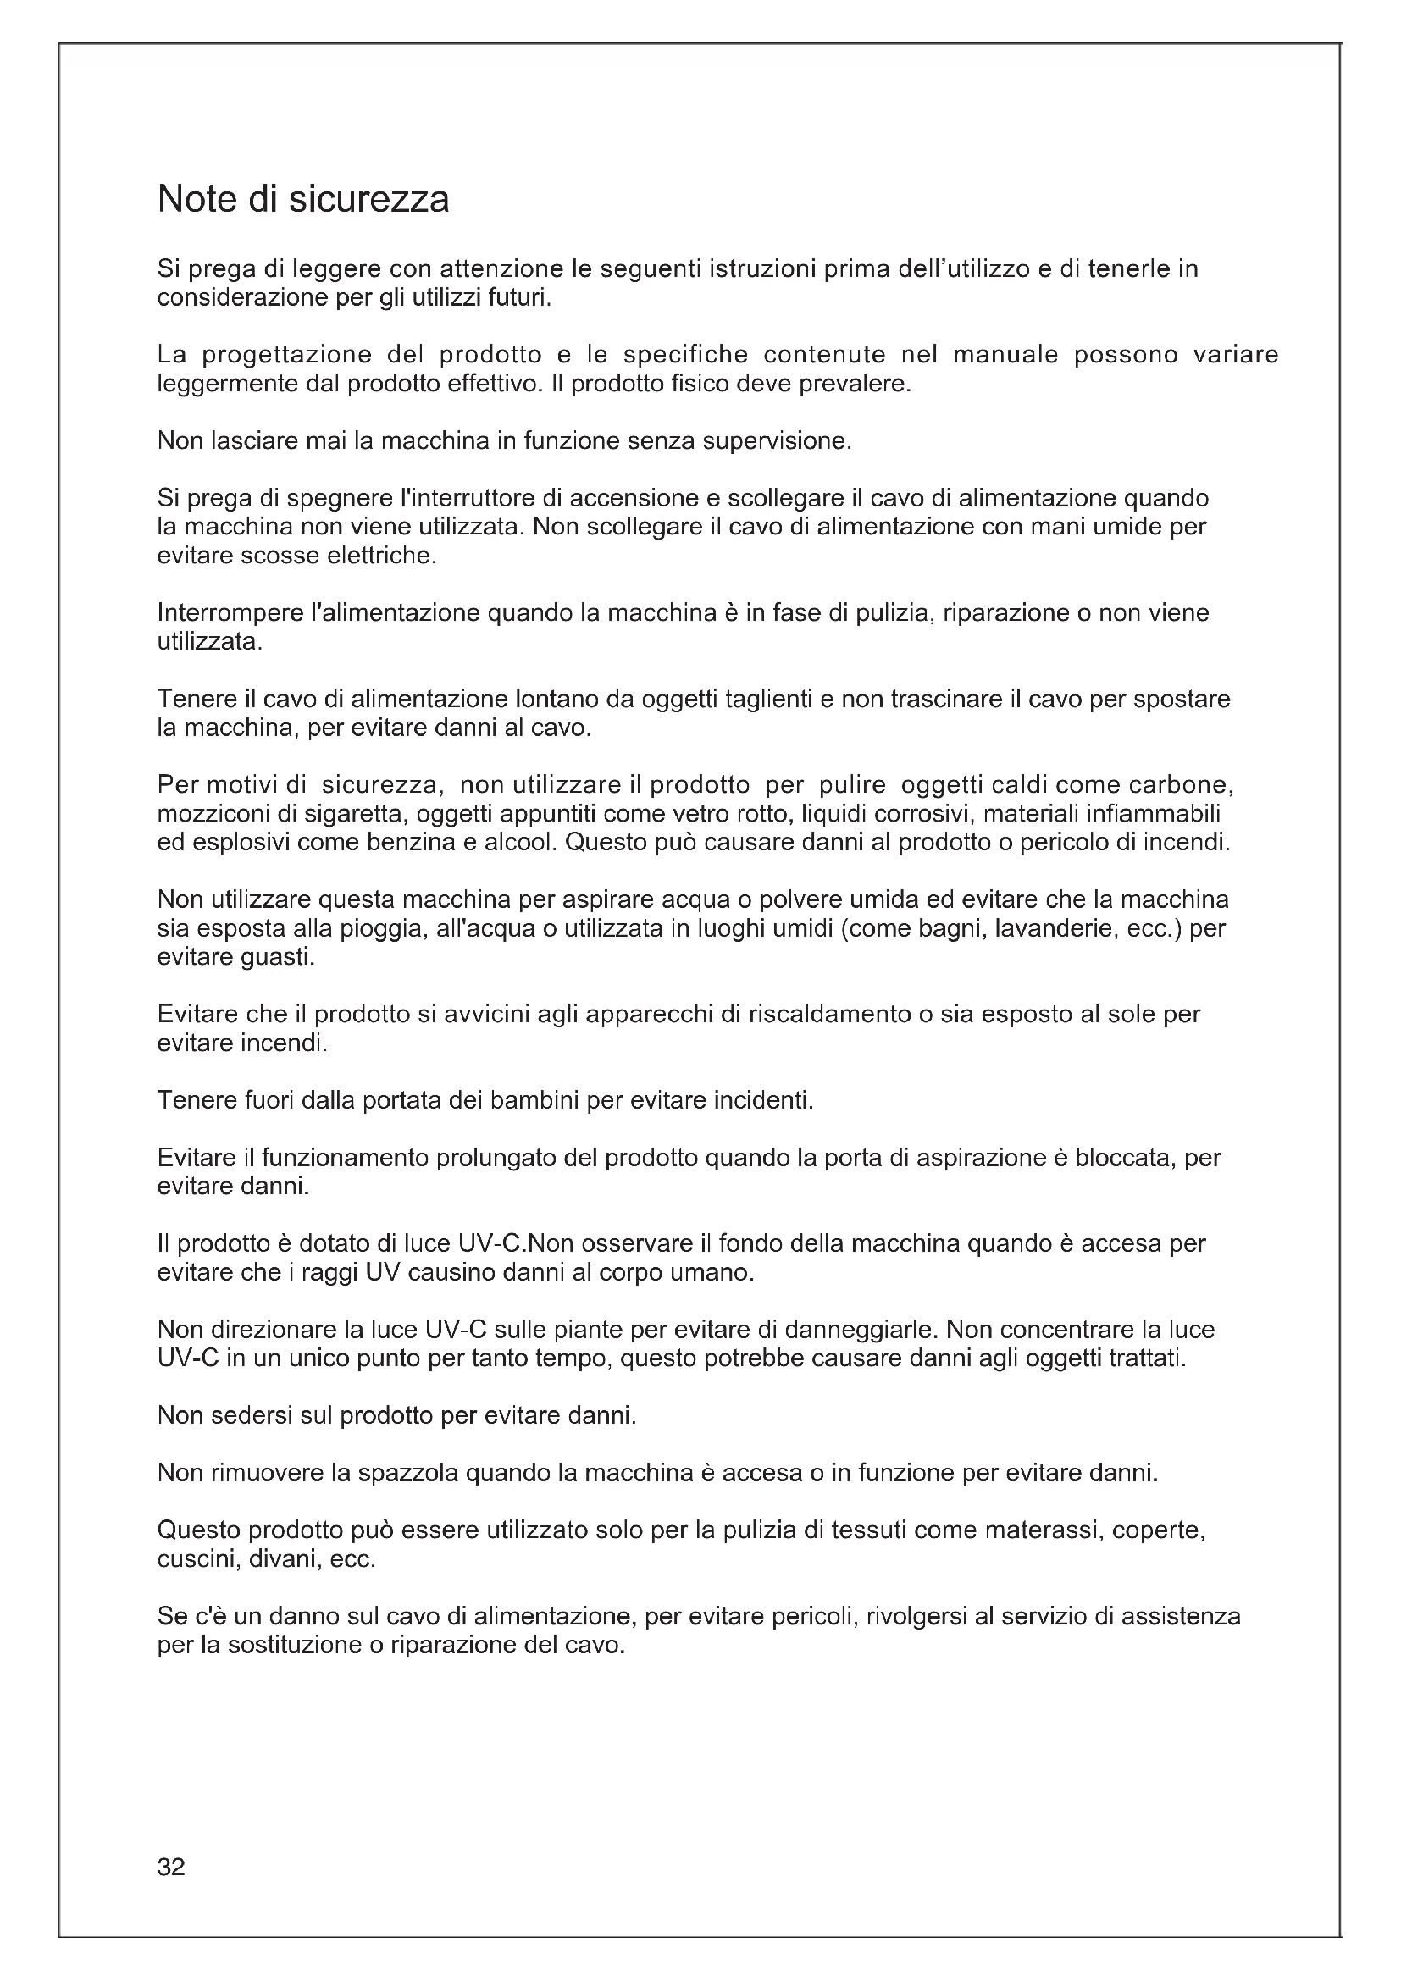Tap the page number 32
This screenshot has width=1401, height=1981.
coord(171,1867)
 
